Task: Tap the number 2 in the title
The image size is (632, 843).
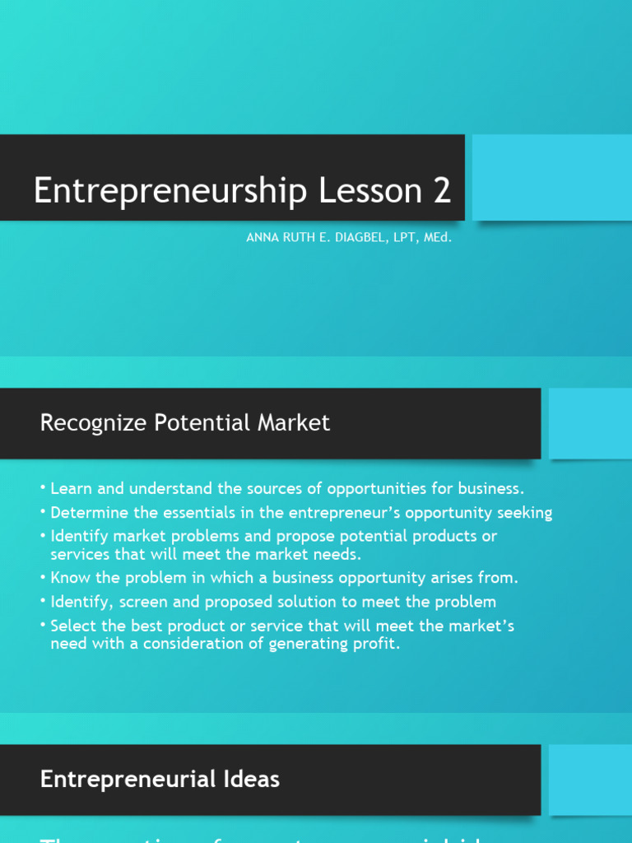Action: [441, 190]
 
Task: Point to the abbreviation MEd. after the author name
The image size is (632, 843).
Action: [437, 238]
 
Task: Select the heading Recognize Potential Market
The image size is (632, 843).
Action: [185, 423]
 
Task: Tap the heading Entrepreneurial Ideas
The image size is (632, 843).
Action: [160, 779]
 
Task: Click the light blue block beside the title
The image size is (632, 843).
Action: [551, 177]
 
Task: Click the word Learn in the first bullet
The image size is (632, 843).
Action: [69, 489]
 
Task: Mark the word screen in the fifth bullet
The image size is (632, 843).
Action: [140, 602]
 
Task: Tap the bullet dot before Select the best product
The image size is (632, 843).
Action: [43, 625]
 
